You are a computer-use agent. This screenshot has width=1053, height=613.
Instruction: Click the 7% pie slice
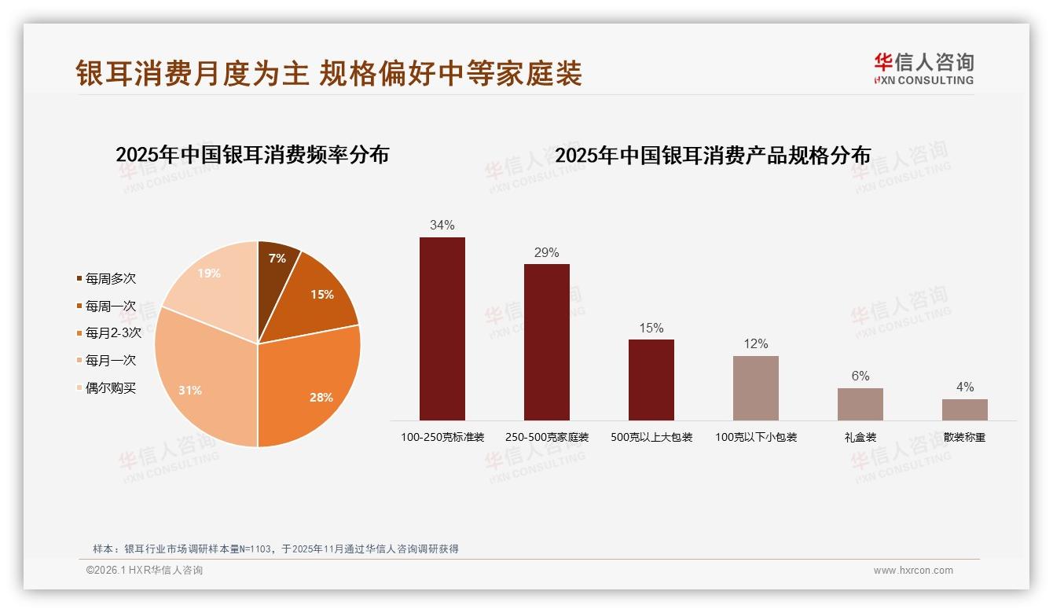pos(276,263)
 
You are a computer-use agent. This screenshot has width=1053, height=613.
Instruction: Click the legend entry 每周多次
pos(110,279)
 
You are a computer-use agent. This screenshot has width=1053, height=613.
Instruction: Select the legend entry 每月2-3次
pos(112,333)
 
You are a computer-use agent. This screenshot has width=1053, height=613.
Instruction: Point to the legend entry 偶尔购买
pos(110,388)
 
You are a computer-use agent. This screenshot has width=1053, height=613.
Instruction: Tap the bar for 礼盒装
pos(860,404)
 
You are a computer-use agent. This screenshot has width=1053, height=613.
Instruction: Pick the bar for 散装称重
pos(965,409)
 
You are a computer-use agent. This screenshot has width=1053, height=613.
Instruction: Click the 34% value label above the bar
pos(442,226)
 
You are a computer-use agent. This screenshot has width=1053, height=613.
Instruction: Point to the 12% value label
pos(756,344)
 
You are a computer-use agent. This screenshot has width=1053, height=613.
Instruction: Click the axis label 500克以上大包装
pos(651,437)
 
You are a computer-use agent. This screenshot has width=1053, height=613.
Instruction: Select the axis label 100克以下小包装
pos(756,437)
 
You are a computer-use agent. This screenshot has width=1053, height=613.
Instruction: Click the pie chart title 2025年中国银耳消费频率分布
pos(252,155)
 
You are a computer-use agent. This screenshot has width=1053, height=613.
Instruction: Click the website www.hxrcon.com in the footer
pos(913,571)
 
